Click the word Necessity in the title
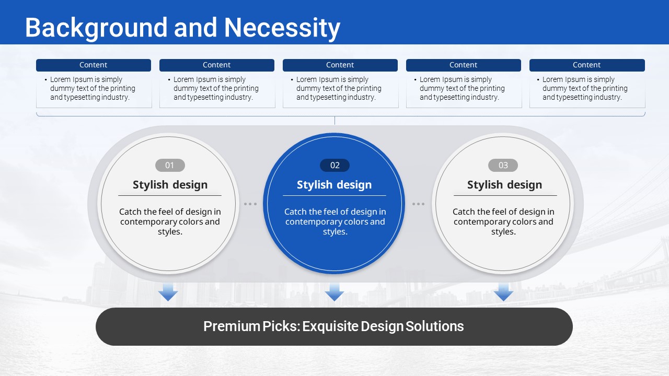click(x=282, y=28)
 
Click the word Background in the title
click(x=96, y=28)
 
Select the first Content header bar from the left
click(x=94, y=65)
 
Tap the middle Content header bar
click(x=340, y=65)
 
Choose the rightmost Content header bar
click(x=587, y=65)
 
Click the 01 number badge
click(x=170, y=165)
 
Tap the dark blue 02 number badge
click(x=335, y=165)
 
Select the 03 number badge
click(x=503, y=165)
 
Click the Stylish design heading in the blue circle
click(x=334, y=185)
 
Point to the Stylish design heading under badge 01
click(x=170, y=185)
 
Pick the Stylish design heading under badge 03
click(x=504, y=185)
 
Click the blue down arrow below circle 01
click(x=168, y=292)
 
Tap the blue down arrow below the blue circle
click(x=334, y=292)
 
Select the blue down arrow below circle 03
click(x=503, y=292)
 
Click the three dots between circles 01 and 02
click(x=250, y=204)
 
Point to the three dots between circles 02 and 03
click(x=419, y=204)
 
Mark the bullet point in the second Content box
click(x=169, y=80)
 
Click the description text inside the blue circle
click(x=335, y=221)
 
